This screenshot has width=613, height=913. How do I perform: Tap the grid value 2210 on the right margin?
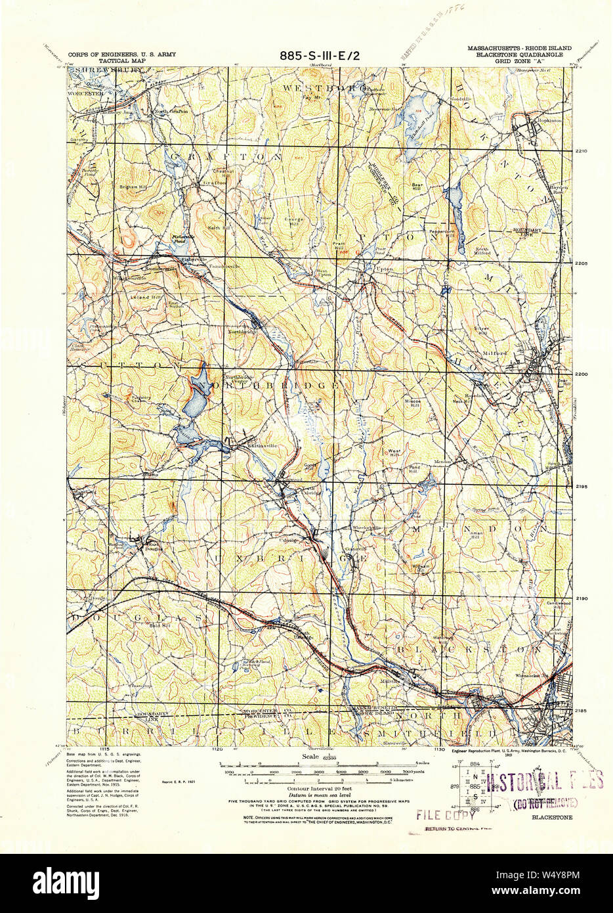pos(581,151)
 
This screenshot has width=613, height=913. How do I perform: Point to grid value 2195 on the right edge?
pos(581,487)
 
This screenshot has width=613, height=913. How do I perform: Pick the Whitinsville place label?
pos(243,446)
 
